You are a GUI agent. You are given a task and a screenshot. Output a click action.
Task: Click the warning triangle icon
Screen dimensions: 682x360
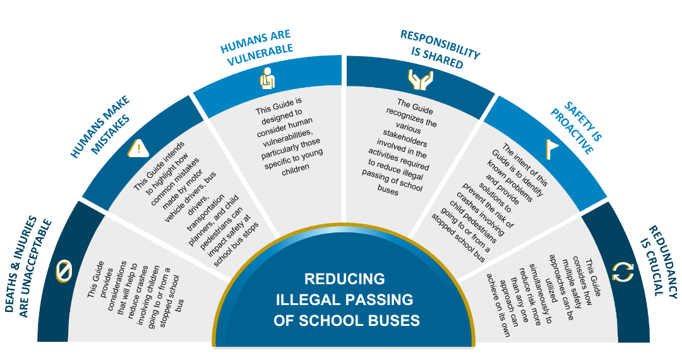pos(138,148)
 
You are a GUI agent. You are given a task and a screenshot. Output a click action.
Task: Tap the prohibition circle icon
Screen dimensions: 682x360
pos(64,272)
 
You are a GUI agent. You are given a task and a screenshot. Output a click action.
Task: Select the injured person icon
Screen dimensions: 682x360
pos(268,78)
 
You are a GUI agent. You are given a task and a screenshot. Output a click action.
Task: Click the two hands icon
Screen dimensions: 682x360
pos(420,80)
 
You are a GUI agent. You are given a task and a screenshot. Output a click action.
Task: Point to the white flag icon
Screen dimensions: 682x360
pos(551,148)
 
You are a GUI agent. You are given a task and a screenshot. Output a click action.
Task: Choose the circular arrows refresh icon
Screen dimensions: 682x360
pos(623,272)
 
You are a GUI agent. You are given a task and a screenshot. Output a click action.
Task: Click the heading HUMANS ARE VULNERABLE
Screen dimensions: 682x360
pos(257,48)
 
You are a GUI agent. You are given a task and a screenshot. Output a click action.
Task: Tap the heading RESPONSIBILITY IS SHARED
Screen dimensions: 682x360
pos(440,49)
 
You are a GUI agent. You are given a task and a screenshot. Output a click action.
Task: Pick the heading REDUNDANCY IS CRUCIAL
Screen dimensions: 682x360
pos(658,262)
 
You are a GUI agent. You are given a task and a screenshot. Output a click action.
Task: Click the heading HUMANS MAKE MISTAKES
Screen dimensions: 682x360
pos(100,126)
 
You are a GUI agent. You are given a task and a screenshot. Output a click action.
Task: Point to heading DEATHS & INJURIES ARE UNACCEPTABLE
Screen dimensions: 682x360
pos(28,267)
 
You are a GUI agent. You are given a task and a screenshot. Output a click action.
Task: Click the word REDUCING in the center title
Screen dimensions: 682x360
pos(345,279)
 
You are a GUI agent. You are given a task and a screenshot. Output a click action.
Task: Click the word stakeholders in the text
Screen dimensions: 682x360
pos(405,138)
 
